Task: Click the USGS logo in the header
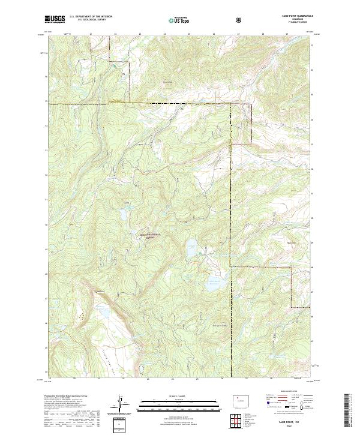click(x=54, y=19)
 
